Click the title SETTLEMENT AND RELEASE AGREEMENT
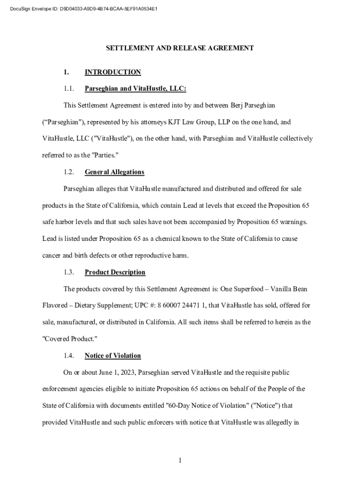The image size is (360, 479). point(180,48)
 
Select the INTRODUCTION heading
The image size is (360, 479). point(113,72)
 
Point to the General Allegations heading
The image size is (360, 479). point(115,172)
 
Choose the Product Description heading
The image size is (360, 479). point(115,272)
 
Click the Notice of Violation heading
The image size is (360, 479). point(113,356)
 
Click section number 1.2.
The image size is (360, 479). point(69,172)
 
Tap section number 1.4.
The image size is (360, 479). point(69,356)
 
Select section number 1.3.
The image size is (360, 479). point(69,272)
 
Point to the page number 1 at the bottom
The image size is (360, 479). point(180,461)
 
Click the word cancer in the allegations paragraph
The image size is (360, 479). point(52,255)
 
